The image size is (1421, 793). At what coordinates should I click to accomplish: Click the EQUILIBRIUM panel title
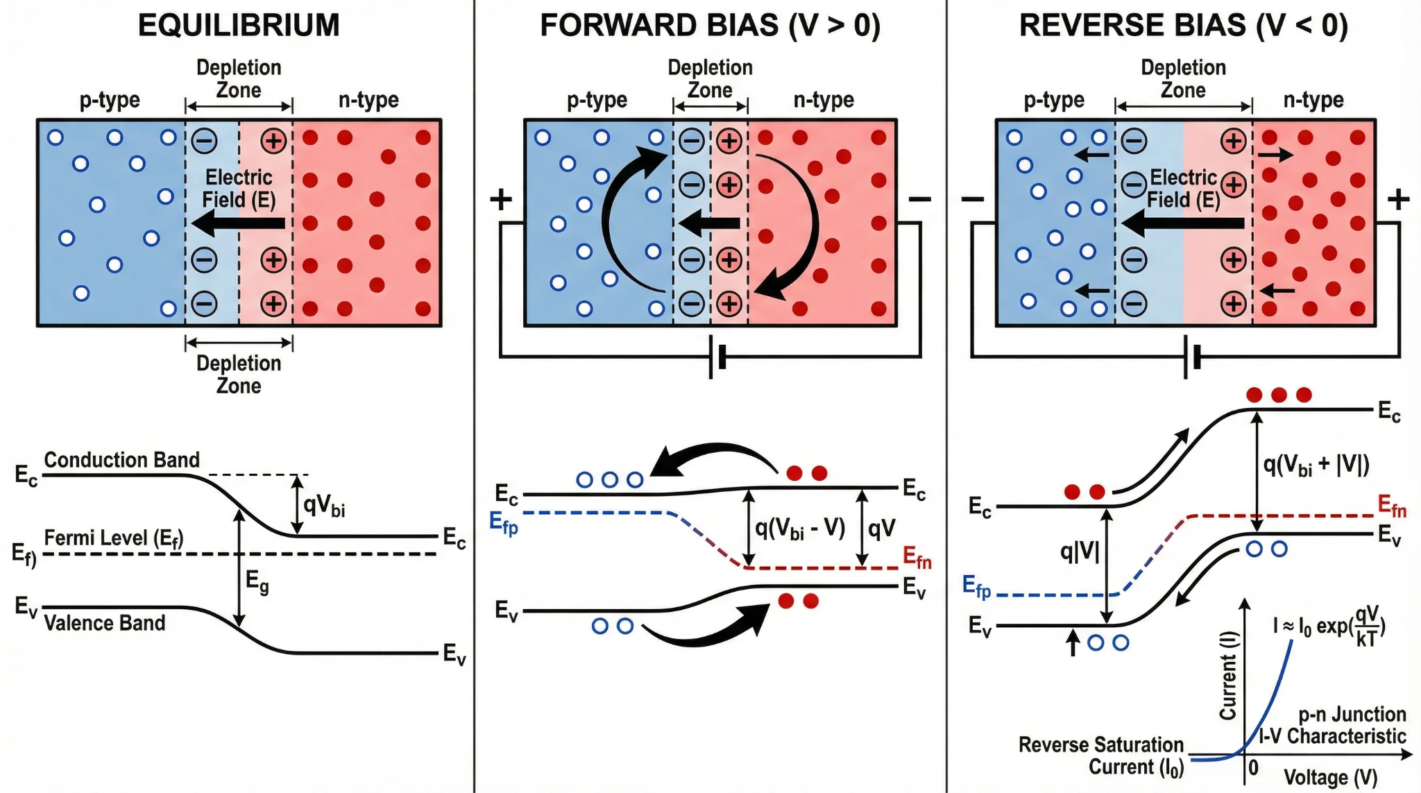239,26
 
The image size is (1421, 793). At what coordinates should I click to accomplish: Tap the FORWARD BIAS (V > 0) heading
710,26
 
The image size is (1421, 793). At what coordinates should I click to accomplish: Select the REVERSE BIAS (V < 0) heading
1183,26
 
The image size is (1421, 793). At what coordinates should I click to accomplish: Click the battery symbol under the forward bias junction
717,357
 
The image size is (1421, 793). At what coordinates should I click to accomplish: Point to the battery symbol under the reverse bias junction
1191,357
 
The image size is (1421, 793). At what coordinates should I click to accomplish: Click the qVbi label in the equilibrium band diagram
324,505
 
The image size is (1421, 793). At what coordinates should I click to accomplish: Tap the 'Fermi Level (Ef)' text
114,538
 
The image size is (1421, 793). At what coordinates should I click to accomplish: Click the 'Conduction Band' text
121,460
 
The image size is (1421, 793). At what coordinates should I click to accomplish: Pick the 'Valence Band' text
105,623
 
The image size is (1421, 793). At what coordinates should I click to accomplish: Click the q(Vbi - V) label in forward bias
800,529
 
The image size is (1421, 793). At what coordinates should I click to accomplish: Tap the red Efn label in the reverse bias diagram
1392,506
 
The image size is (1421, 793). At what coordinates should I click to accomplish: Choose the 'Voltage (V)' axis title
1330,777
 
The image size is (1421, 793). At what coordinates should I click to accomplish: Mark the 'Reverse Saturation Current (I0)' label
1101,756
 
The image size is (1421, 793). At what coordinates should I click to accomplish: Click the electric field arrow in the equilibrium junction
238,223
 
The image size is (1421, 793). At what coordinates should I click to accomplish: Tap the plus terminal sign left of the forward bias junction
501,200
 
